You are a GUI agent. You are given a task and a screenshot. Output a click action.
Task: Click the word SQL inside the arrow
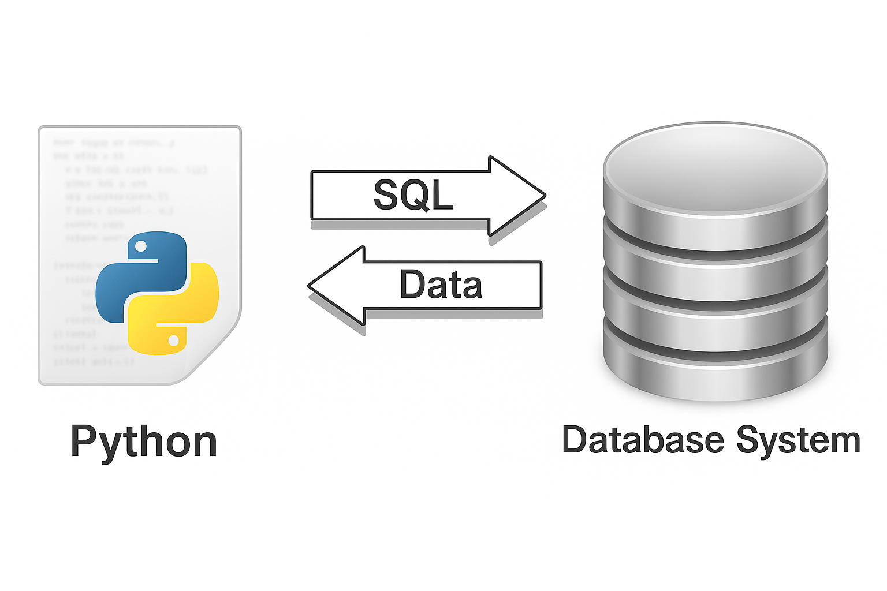(413, 195)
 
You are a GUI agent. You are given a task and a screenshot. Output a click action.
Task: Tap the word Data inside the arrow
(441, 285)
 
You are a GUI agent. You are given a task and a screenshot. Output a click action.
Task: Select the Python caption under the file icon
(143, 442)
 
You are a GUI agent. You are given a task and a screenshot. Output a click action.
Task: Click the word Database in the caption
(642, 440)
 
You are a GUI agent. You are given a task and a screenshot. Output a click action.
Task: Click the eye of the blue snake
(140, 247)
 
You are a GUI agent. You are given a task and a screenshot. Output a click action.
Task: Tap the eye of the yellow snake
(173, 341)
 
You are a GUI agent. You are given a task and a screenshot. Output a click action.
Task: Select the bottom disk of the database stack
(715, 369)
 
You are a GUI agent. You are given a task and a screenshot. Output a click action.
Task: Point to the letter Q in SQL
(413, 195)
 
